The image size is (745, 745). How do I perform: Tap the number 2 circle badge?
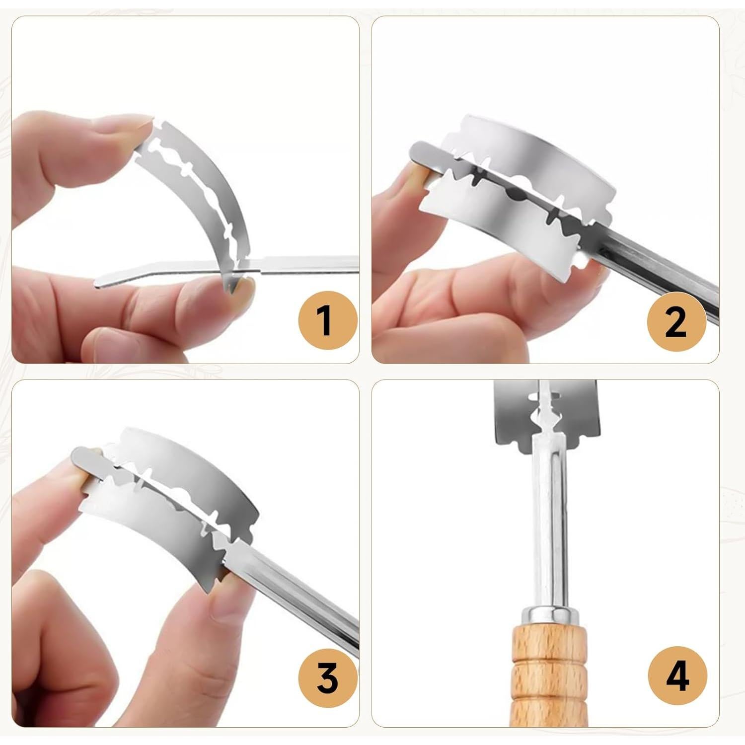tap(676, 322)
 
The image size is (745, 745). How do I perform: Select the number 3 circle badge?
tap(327, 676)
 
